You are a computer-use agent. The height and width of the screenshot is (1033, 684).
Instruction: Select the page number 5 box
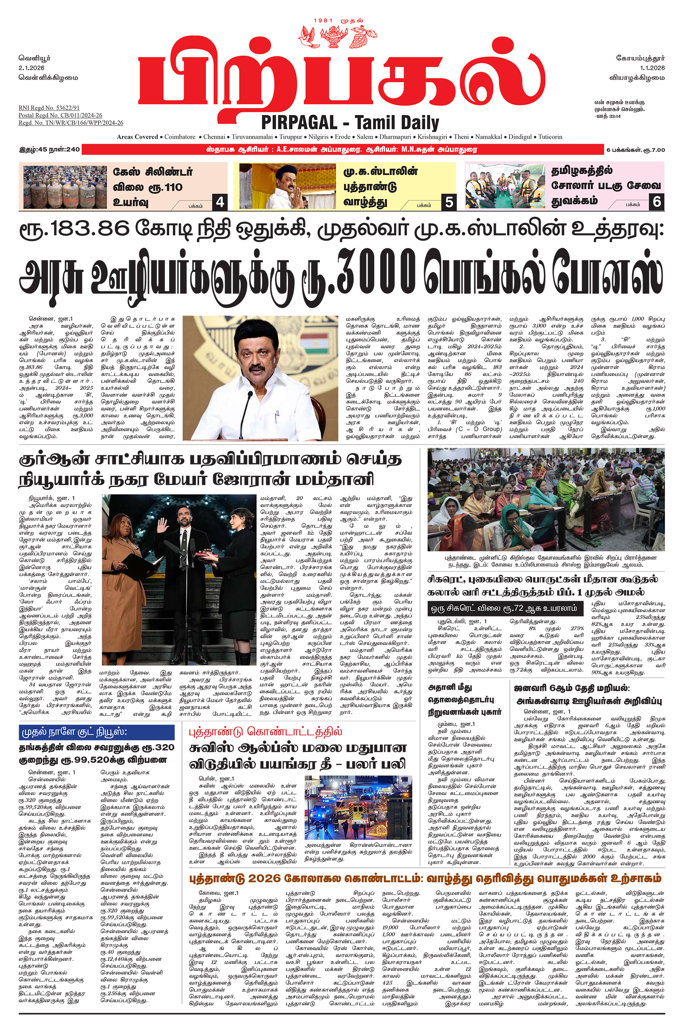click(x=449, y=202)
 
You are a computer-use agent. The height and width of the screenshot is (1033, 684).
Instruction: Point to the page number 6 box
click(x=657, y=201)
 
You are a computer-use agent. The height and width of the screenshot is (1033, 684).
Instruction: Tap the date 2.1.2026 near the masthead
click(x=32, y=68)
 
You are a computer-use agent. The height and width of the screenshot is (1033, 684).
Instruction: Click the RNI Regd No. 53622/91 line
click(x=49, y=107)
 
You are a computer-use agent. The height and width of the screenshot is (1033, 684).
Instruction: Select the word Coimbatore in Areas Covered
click(x=180, y=137)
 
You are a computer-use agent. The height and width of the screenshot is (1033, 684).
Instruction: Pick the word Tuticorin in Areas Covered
click(x=550, y=137)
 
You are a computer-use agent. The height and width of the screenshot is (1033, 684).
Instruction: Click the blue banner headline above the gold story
click(x=97, y=732)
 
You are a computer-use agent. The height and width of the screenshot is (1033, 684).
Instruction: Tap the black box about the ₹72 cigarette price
click(x=505, y=608)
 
